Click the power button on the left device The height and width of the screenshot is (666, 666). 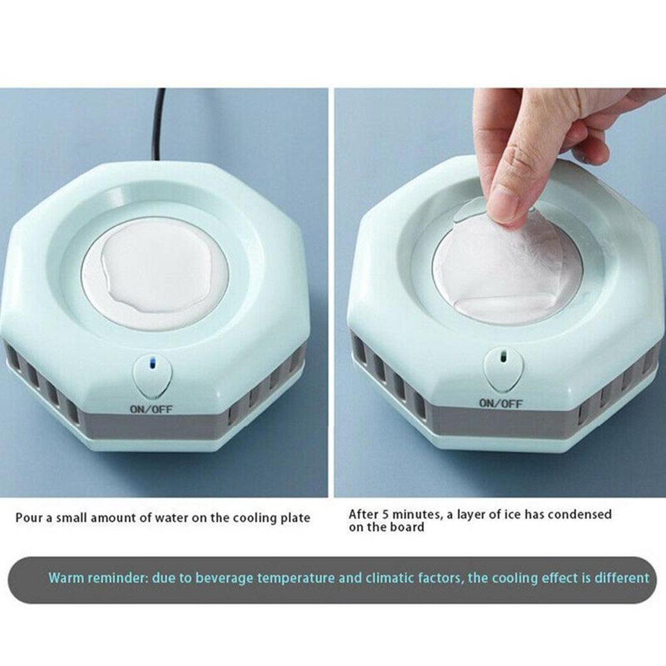coord(152,377)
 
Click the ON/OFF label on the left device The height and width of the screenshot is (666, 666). coord(150,410)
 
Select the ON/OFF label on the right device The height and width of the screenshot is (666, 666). coord(501,403)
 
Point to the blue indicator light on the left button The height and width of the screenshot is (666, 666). coord(152,364)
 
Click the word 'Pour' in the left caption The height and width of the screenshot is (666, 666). coord(29,518)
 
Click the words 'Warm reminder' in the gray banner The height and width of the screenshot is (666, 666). coord(96,578)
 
